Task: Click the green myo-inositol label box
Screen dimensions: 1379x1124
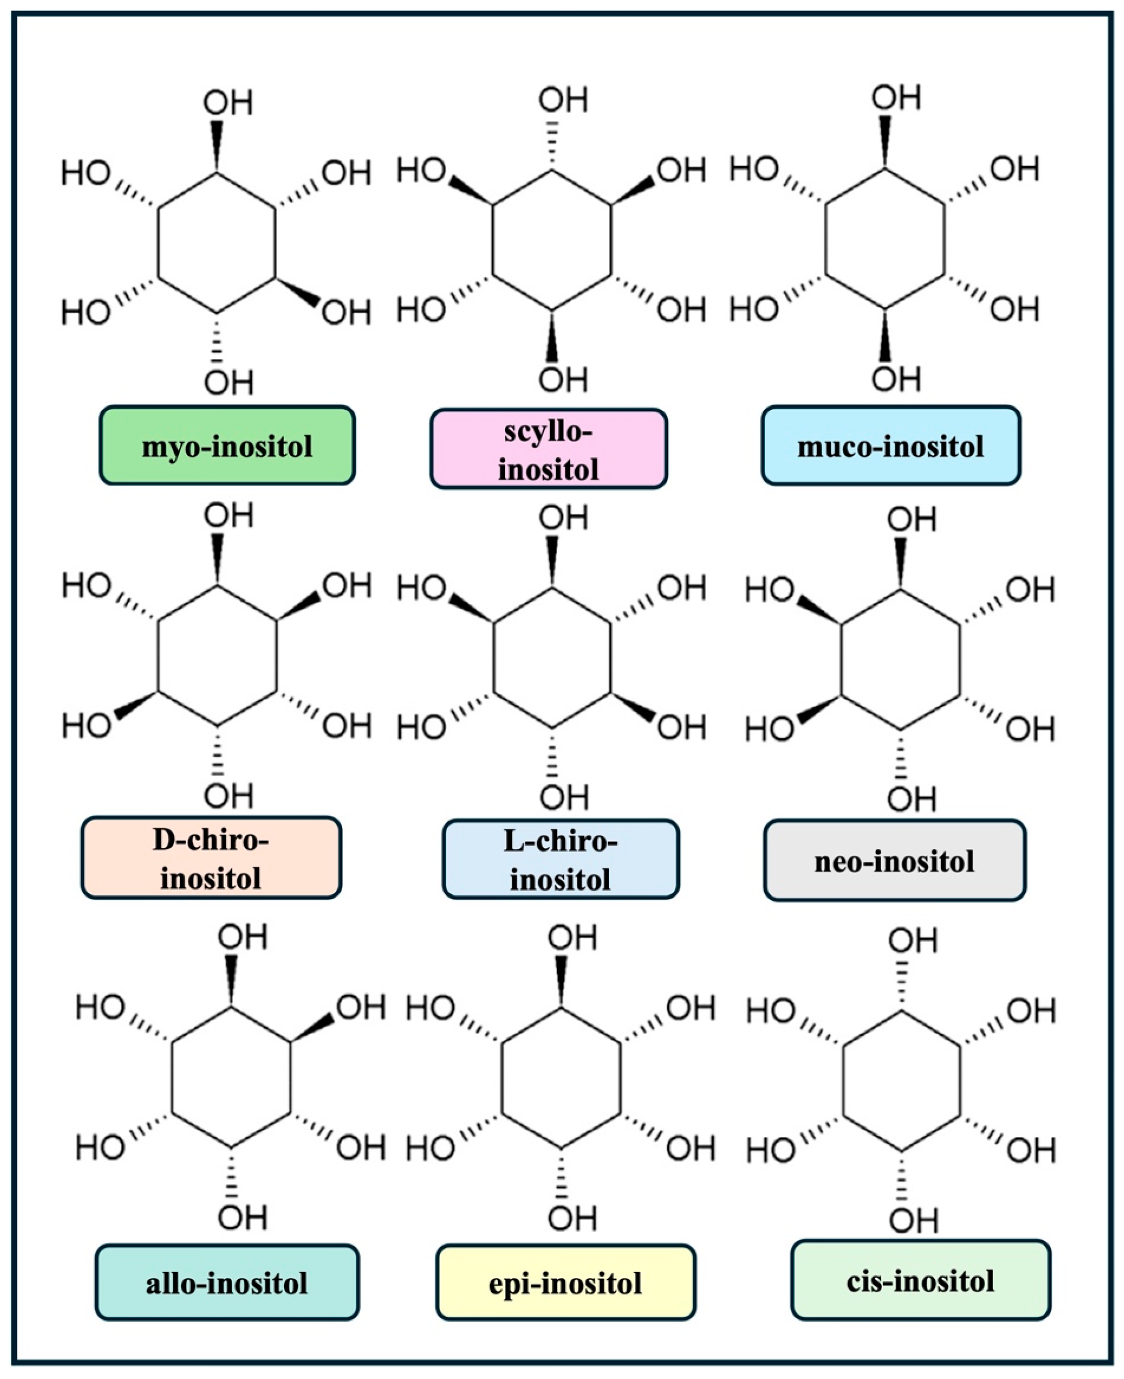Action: [227, 446]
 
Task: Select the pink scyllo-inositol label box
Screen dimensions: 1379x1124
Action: [548, 449]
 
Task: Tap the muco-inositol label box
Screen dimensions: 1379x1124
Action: [890, 446]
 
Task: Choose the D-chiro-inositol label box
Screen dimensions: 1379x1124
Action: [211, 859]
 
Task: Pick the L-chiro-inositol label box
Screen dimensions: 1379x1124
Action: [561, 860]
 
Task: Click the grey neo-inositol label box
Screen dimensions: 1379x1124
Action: [894, 861]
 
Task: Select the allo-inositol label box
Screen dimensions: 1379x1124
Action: [227, 1283]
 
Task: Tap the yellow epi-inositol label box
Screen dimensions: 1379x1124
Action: [565, 1283]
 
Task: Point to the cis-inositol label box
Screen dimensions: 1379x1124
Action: [920, 1281]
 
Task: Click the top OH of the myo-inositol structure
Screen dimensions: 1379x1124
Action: [228, 103]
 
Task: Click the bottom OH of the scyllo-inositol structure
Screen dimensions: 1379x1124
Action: [563, 380]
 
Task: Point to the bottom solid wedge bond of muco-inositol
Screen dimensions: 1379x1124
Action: [885, 336]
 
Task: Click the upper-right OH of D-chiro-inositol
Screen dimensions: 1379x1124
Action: [347, 585]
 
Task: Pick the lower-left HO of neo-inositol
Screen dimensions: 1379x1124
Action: [770, 730]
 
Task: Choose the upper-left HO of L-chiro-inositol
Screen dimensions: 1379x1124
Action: [421, 588]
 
